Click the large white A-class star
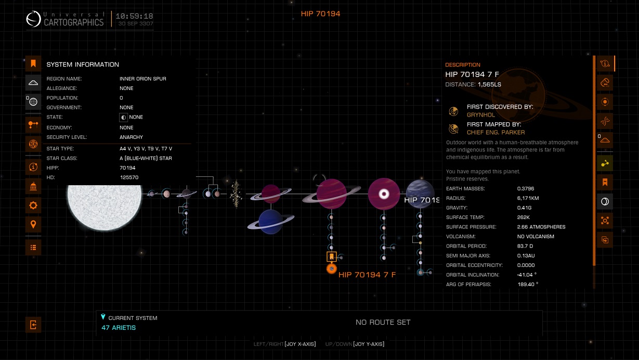(x=105, y=207)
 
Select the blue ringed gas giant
(x=271, y=222)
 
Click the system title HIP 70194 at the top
(x=320, y=14)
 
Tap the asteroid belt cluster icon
(x=236, y=194)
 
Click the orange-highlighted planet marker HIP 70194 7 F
(x=332, y=268)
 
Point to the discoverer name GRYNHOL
(x=480, y=115)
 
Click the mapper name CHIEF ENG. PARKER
(x=495, y=132)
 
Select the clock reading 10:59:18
(x=134, y=16)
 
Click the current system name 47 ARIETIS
(x=119, y=327)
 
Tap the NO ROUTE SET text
(x=383, y=322)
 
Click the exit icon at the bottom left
(x=33, y=325)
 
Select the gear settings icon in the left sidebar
(x=33, y=205)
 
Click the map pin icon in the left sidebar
(x=33, y=224)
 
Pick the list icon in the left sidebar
(x=33, y=247)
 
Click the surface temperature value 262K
(x=523, y=217)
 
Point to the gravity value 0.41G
(x=524, y=208)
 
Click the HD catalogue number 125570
(x=129, y=177)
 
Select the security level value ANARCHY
(x=131, y=137)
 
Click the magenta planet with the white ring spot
(x=384, y=194)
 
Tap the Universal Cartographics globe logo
(x=33, y=19)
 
